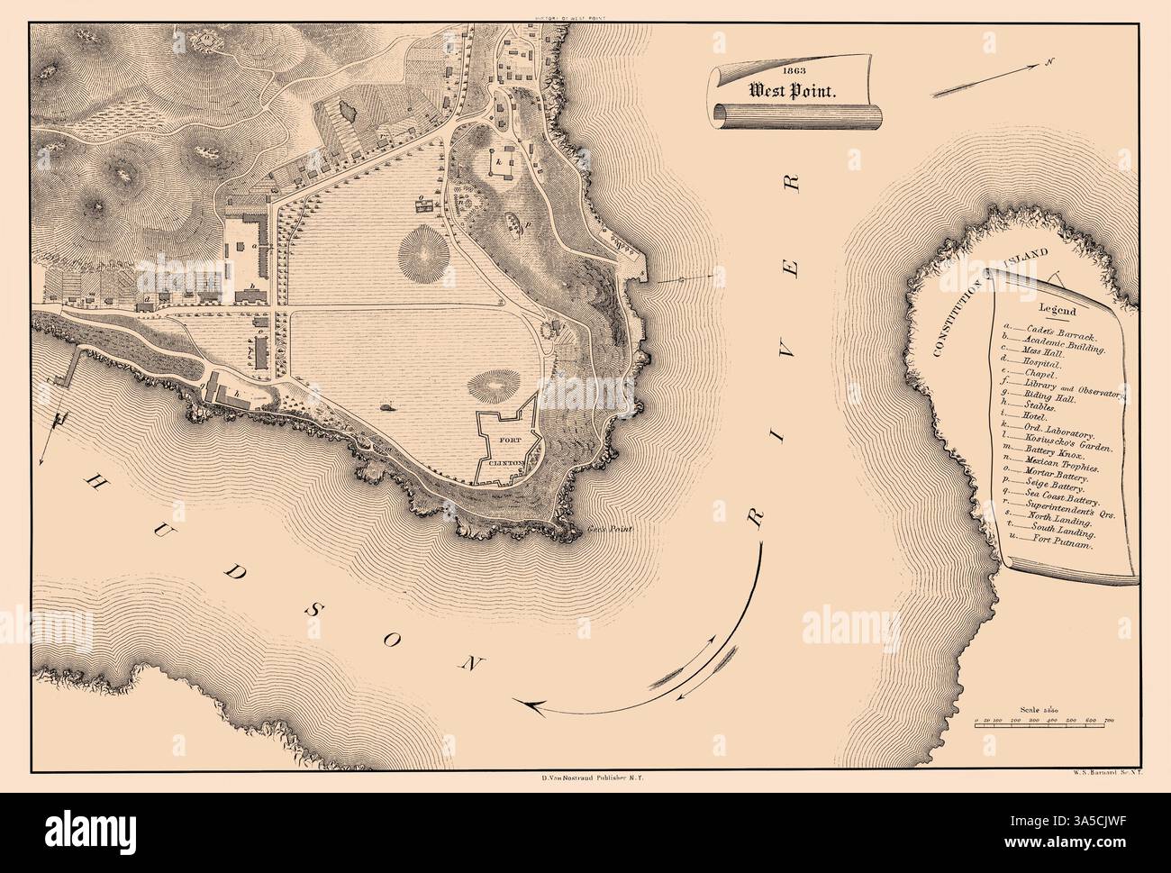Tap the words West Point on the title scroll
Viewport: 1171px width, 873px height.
coord(789,90)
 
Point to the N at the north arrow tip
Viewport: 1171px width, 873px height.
coord(1049,62)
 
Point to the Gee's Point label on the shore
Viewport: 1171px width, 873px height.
coord(615,529)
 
